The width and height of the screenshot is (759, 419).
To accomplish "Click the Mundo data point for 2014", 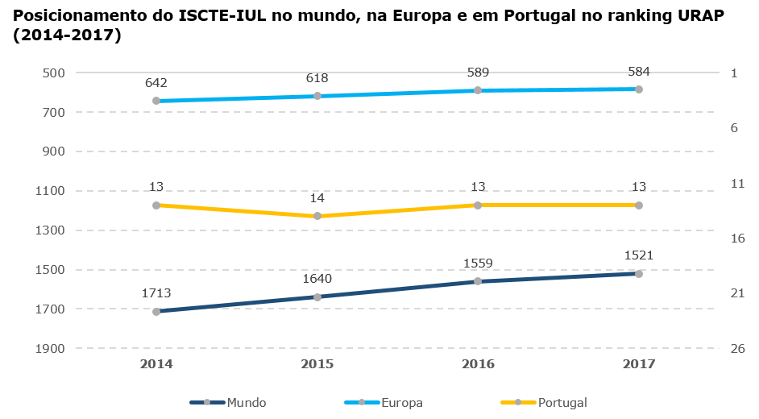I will (156, 311).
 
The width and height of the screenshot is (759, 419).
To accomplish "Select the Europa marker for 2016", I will (478, 90).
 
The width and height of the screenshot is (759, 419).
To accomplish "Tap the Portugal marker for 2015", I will (317, 216).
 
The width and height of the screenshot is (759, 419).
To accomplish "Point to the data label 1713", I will (156, 293).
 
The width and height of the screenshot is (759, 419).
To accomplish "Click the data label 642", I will (156, 82).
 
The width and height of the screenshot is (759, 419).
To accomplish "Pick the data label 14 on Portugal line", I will (317, 197).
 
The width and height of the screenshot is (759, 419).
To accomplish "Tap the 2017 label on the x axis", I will (639, 364).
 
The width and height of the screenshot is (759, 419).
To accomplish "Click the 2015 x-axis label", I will (317, 364).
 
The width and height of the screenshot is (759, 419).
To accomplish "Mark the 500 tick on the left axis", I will (53, 73).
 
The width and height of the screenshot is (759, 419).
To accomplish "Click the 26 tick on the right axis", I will (737, 348).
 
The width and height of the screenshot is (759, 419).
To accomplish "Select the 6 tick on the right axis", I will (734, 127).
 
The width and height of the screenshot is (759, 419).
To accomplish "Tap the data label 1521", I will (639, 255).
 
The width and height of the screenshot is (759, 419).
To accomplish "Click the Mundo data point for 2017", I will (639, 274).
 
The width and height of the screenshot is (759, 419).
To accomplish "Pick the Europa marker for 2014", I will (156, 101).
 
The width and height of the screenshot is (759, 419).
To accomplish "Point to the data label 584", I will (639, 71).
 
